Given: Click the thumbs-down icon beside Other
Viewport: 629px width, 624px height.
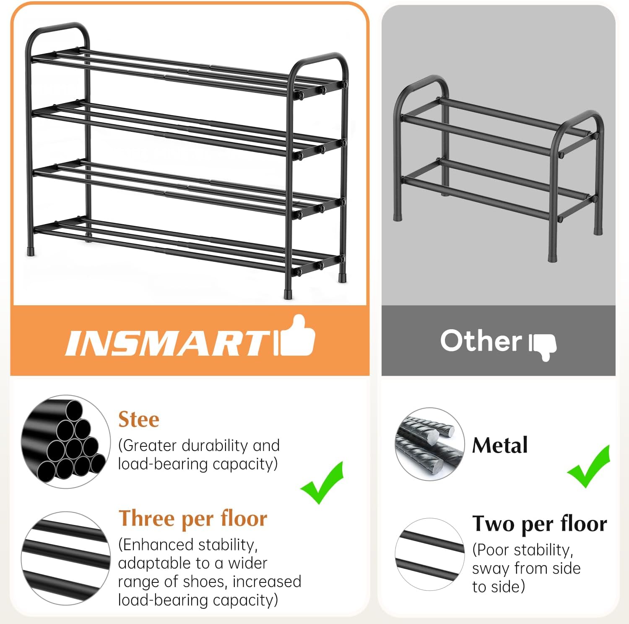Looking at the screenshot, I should (543, 346).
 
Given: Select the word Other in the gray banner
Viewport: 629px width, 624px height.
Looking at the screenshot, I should (481, 341).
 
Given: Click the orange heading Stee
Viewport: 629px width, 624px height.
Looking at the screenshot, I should (139, 419).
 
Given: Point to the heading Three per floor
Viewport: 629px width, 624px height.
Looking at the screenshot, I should (193, 518).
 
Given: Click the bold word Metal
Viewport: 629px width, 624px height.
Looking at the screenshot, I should (500, 446).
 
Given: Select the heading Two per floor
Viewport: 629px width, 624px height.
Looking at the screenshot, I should (540, 524).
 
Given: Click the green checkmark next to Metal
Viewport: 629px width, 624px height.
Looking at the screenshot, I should (589, 467).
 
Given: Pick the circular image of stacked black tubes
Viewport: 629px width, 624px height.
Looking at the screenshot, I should (65, 442).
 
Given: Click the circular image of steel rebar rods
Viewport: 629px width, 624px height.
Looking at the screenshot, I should (429, 444).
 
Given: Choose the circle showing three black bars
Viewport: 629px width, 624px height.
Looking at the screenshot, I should (65, 558).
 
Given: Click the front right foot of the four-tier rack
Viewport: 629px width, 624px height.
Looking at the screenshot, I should (288, 294).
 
